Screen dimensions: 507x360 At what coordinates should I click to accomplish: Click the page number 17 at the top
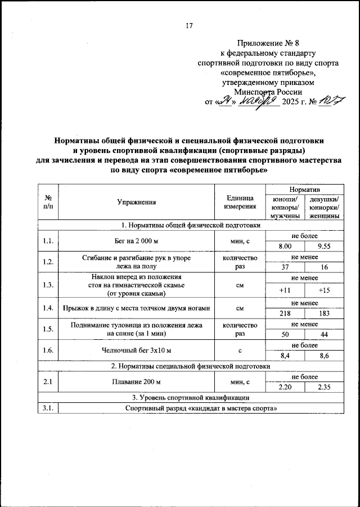click(x=188, y=26)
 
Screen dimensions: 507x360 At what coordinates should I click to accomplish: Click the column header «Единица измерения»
click(x=241, y=201)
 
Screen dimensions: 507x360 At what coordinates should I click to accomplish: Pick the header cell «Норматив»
click(x=305, y=189)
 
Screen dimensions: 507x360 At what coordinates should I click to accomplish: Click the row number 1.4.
click(x=48, y=308)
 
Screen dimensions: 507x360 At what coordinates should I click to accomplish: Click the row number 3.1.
click(x=48, y=409)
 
